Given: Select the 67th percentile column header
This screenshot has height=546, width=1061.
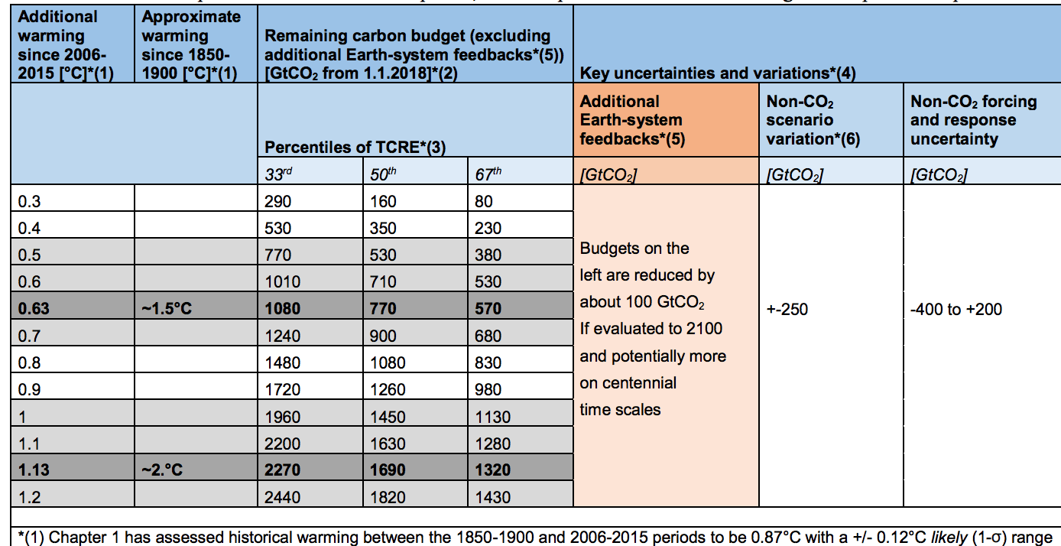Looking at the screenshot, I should click(488, 174).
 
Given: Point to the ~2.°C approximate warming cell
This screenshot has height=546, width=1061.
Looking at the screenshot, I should click(162, 470).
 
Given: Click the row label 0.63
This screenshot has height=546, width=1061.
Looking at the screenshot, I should click(36, 308).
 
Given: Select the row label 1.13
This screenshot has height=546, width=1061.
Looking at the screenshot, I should click(36, 470).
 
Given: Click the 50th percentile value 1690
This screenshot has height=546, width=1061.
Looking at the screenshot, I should click(388, 470).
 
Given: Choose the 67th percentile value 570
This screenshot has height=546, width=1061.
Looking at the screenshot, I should click(488, 308).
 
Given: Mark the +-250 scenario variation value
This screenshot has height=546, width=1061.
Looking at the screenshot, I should click(787, 310).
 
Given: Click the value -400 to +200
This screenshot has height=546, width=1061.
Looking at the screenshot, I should click(956, 310).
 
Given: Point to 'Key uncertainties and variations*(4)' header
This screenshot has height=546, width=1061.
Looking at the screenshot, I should click(718, 73).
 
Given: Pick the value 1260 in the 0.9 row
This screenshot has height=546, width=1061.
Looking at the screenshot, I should click(388, 389).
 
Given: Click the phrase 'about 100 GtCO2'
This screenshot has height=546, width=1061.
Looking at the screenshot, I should click(642, 301).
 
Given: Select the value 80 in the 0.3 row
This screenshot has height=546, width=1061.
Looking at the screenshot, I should click(483, 201).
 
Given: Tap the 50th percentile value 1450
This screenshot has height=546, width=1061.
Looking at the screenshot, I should click(388, 416).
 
